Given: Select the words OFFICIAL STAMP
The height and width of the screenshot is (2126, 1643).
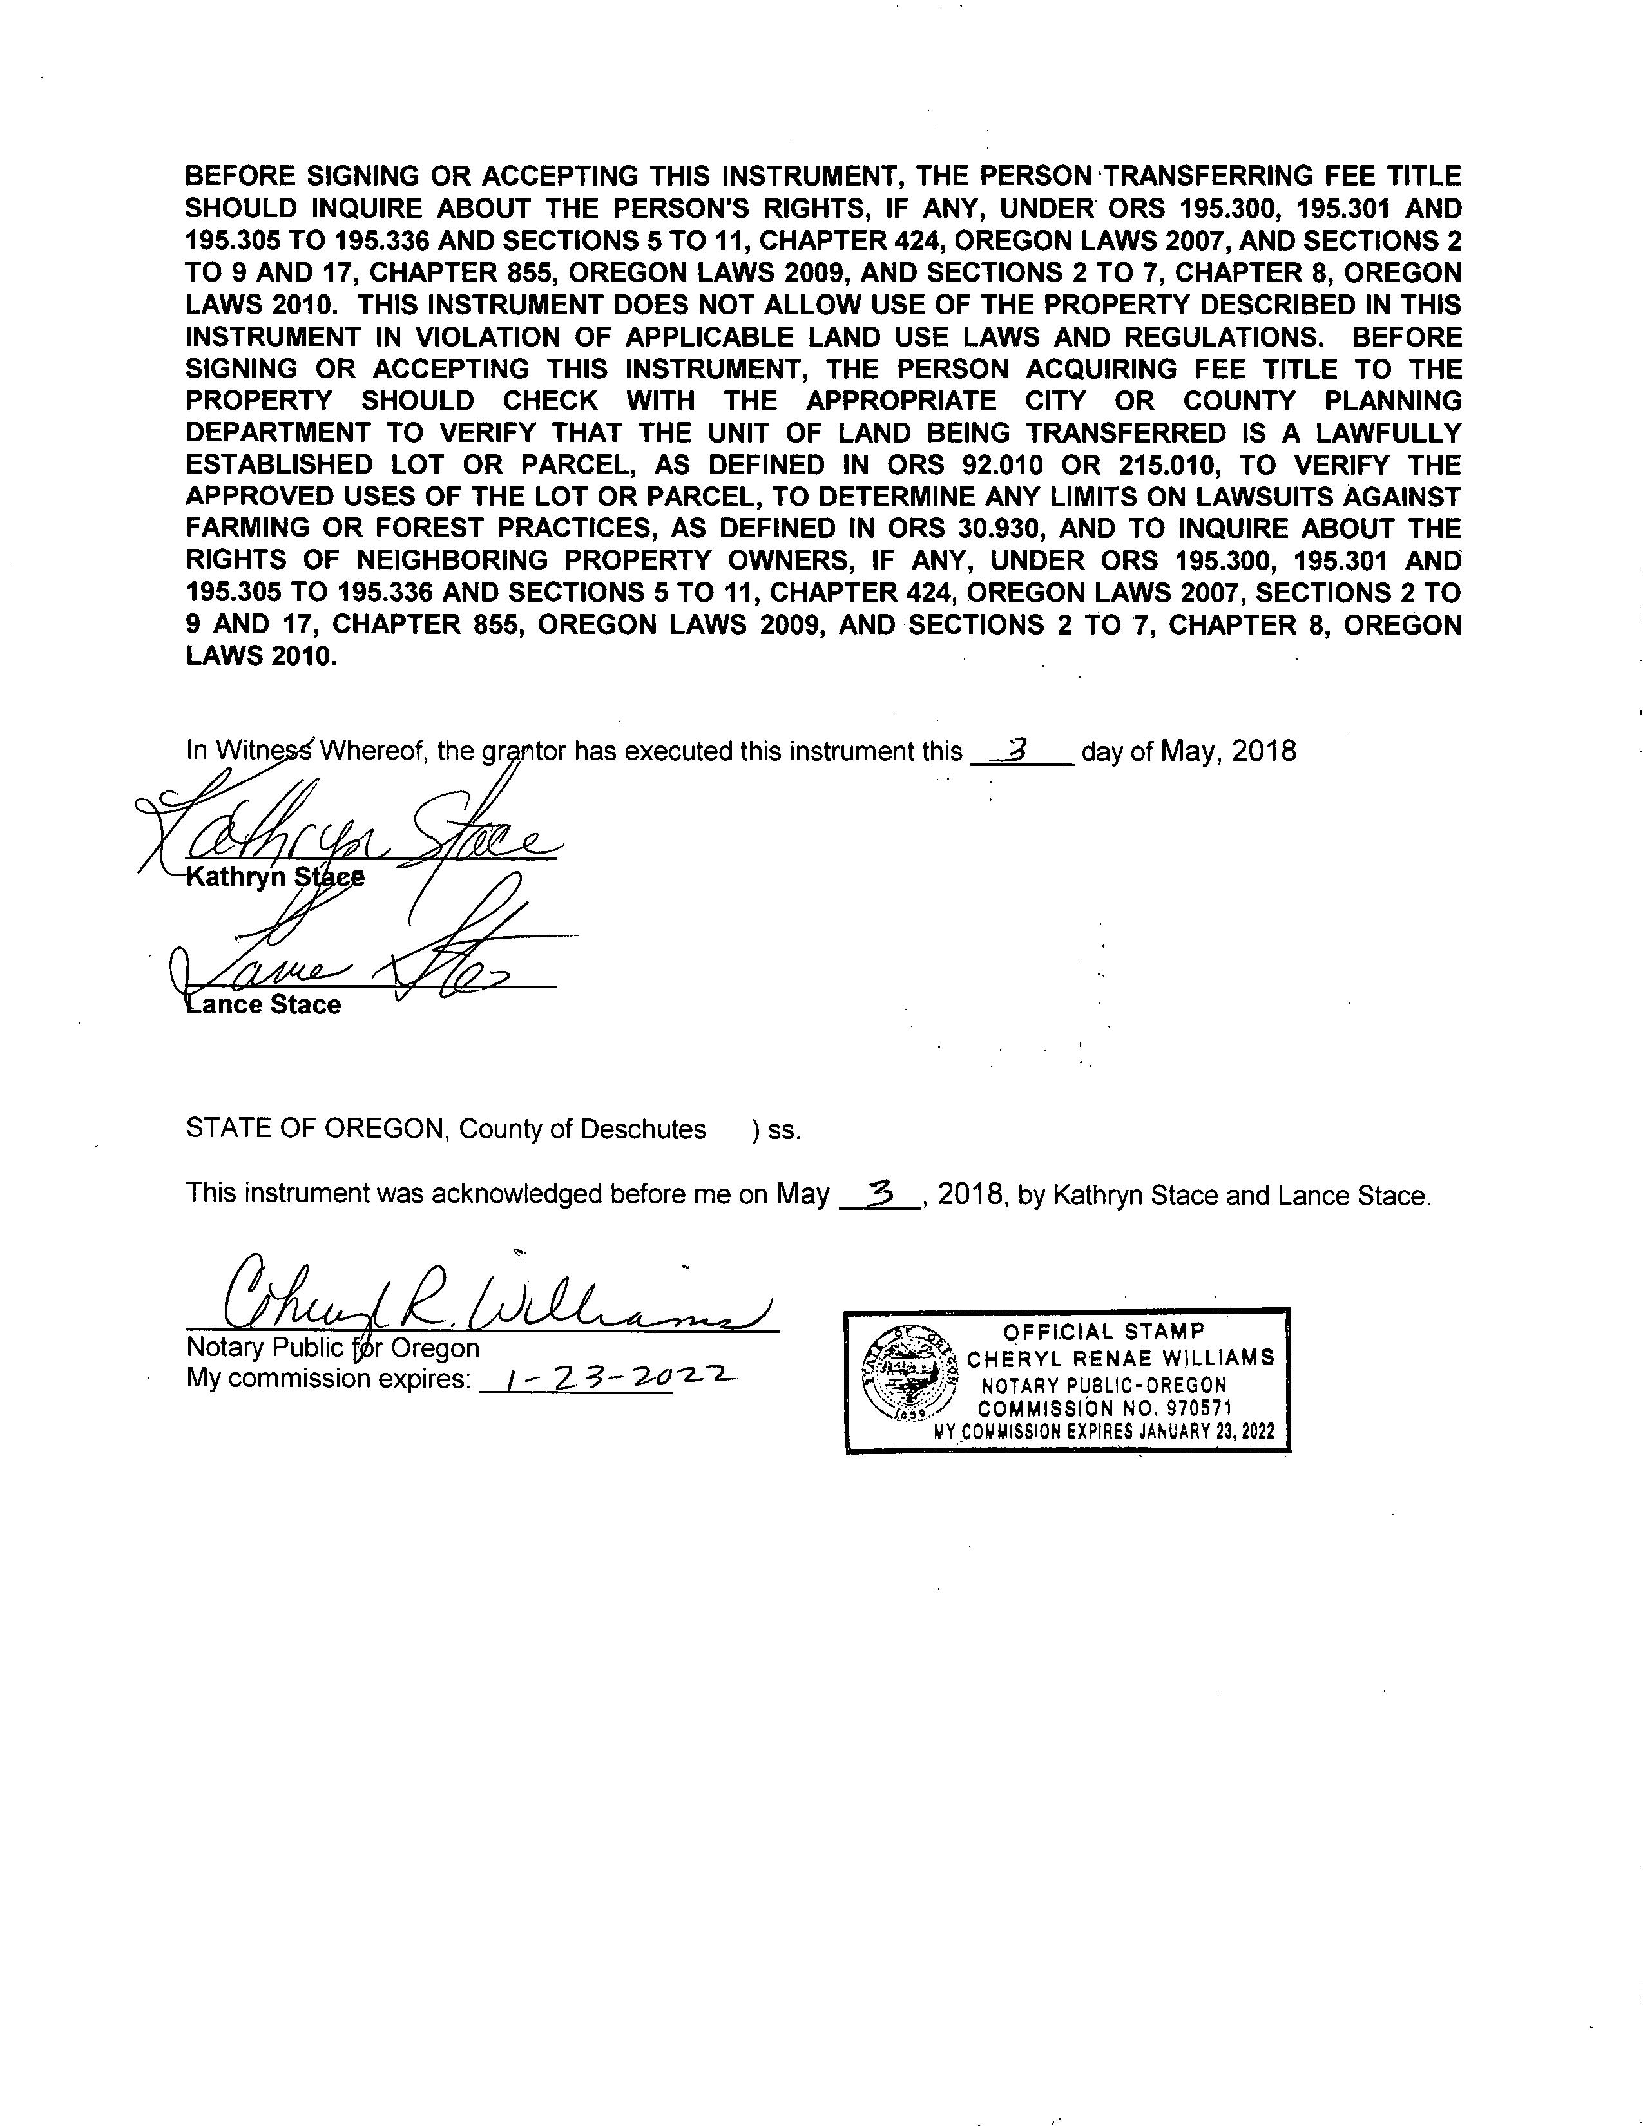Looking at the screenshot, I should [x=1104, y=1332].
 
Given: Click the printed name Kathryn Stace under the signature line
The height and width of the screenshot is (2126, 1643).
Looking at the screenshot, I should [x=276, y=877].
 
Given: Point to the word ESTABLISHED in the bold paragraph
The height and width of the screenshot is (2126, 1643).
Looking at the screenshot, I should [x=265, y=464].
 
